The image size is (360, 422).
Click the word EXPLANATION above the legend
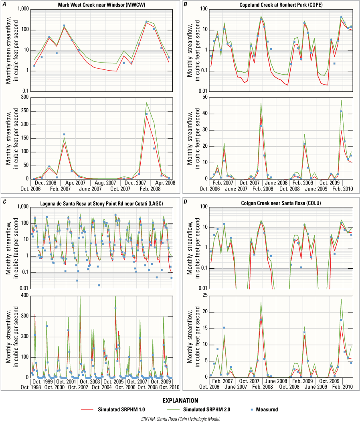[x=180, y=400]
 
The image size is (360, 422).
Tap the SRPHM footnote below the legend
[x=180, y=418]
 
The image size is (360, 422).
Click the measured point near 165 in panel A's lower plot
[x=64, y=134]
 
